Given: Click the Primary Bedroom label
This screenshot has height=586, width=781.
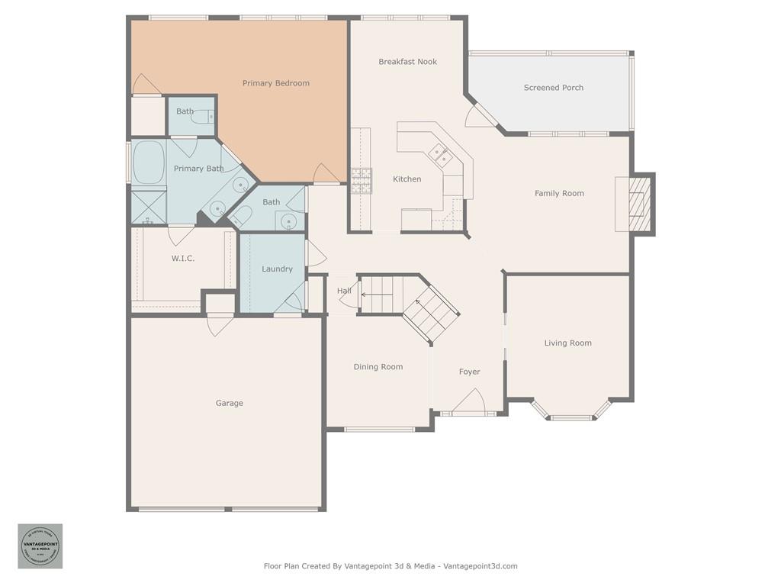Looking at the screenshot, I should tap(275, 83).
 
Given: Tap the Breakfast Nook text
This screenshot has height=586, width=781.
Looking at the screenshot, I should tap(407, 62).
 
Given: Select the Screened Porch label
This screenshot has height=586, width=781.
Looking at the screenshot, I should tap(553, 88).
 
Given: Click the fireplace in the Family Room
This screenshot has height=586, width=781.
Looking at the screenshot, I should tap(635, 203).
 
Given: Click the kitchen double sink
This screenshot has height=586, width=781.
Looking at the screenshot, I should tap(441, 155).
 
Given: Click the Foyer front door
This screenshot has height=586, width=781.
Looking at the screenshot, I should tap(468, 401).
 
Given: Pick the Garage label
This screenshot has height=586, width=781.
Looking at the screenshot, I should tap(229, 403).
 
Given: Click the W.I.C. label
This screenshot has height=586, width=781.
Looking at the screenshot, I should tap(182, 259).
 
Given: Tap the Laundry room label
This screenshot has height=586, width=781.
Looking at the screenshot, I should tap(277, 269).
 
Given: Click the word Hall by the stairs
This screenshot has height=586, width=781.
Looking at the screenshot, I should tap(344, 291).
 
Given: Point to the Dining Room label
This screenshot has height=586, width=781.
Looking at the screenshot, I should tap(378, 367).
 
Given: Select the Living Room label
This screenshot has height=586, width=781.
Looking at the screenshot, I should tap(567, 343).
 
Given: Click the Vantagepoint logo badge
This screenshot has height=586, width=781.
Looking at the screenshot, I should tap(40, 546).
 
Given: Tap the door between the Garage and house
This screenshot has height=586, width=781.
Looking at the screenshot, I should tap(220, 325).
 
